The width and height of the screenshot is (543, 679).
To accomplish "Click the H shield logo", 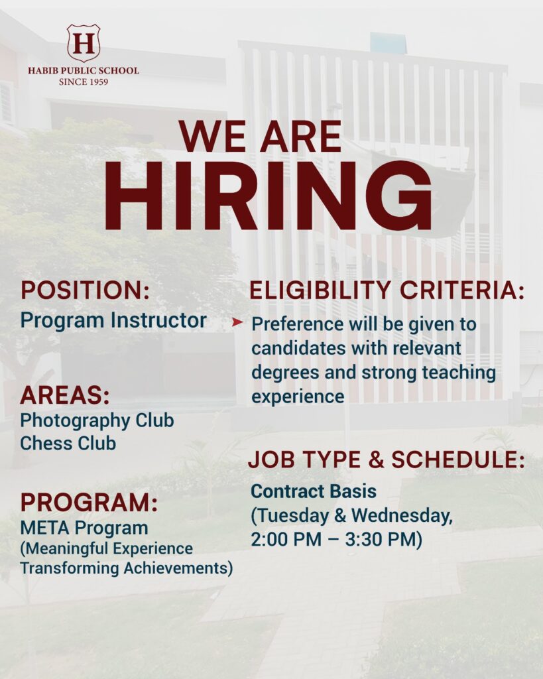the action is tap(84, 42).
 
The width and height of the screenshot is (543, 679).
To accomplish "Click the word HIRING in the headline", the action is tap(268, 196).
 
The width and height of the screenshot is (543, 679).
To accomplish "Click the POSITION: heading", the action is tap(86, 290).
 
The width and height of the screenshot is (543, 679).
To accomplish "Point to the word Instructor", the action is tap(158, 320).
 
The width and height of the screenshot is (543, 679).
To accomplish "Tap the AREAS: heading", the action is tap(65, 395).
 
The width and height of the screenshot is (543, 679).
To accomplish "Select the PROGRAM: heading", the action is tap(90, 503).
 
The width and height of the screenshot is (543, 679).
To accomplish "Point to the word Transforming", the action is tap(70, 568).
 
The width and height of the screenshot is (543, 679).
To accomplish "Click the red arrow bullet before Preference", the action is tap(237, 322).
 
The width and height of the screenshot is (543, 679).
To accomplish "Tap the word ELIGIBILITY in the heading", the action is tap(321, 290).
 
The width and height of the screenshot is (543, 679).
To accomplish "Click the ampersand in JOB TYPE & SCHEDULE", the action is tap(377, 460).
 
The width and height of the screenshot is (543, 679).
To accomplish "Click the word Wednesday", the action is tap(401, 515).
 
